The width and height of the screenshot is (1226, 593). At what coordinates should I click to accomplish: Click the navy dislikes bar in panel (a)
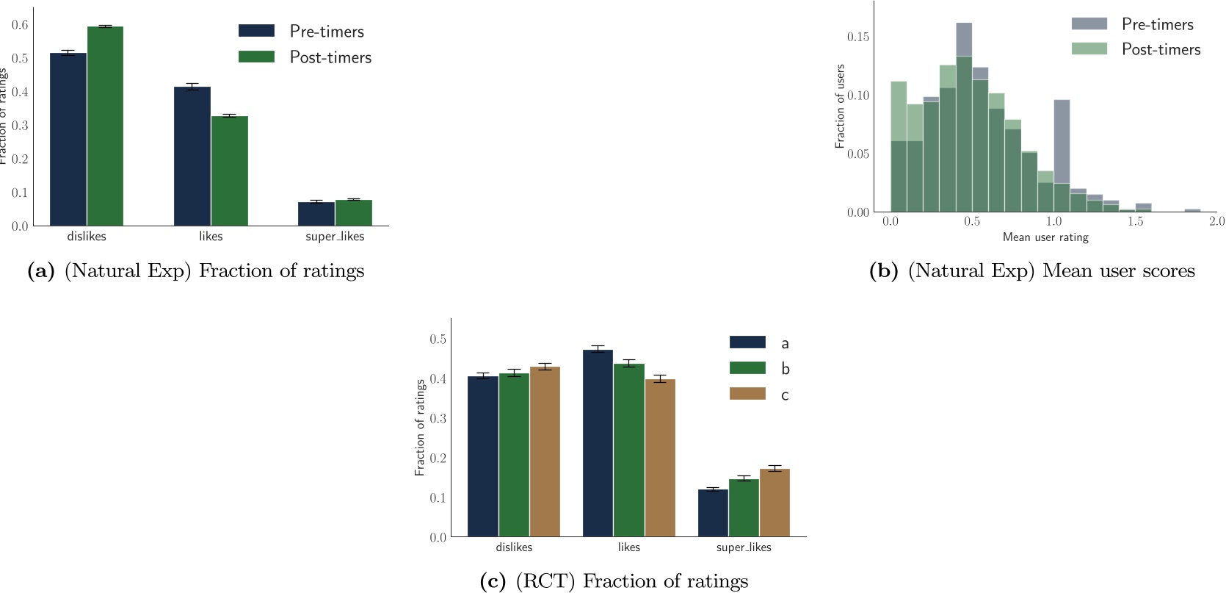click(x=68, y=140)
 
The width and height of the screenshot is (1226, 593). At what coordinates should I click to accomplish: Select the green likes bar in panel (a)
click(x=230, y=171)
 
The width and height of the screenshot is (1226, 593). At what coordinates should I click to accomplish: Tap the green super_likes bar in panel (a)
click(x=354, y=213)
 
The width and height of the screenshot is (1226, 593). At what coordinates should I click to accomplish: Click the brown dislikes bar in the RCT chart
click(x=545, y=452)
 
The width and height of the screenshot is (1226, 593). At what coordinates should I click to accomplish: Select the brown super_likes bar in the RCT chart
click(x=775, y=503)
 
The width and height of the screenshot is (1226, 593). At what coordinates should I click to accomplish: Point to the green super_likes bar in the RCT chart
click(x=744, y=508)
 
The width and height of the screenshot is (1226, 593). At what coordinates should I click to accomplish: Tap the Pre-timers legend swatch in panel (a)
click(x=256, y=31)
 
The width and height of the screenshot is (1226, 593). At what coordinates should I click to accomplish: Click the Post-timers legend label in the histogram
click(x=1161, y=49)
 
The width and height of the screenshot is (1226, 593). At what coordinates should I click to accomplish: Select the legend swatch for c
click(x=747, y=394)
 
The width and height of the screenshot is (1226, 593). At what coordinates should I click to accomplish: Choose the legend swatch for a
click(x=747, y=342)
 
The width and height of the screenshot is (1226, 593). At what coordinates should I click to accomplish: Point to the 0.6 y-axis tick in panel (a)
click(x=20, y=25)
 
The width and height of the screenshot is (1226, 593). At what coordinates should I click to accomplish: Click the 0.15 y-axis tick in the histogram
click(x=857, y=37)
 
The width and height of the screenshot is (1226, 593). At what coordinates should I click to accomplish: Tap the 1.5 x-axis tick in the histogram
click(x=1136, y=221)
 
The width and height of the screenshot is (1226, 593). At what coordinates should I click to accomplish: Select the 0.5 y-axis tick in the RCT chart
click(x=438, y=339)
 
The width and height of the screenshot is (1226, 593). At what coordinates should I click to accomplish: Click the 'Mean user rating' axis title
click(x=1045, y=237)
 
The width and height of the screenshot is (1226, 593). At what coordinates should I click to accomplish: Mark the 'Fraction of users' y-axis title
click(x=841, y=107)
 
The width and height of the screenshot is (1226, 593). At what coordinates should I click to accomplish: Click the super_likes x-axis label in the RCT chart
click(x=744, y=547)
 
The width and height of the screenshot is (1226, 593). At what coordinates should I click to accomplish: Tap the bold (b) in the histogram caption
click(x=883, y=271)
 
